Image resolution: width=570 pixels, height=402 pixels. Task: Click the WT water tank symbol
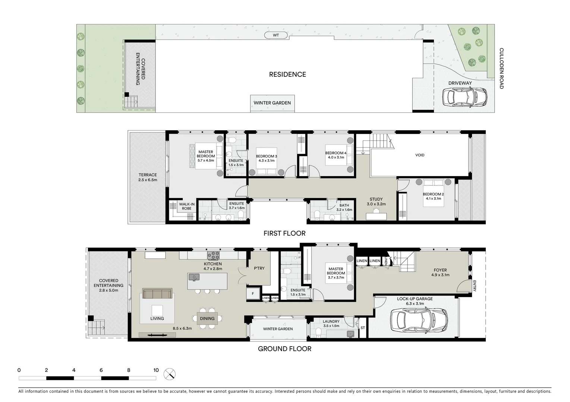(276, 35)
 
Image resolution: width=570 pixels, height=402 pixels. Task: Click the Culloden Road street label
(501, 68)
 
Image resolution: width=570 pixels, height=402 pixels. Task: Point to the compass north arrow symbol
(170, 374)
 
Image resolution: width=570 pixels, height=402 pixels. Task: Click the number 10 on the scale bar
(156, 370)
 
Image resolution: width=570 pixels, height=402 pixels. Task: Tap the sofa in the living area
(157, 294)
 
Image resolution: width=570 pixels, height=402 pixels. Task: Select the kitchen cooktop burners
(214, 255)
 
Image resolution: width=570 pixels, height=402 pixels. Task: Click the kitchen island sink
(194, 277)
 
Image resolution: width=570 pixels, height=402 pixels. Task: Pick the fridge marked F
(253, 294)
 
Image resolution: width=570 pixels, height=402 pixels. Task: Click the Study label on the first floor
(376, 199)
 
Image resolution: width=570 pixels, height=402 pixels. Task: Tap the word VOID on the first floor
(420, 155)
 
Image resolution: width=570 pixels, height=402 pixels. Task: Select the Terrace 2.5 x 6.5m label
(148, 177)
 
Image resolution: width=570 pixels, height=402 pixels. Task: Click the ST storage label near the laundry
(363, 328)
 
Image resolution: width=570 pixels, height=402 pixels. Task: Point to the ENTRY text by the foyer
(474, 285)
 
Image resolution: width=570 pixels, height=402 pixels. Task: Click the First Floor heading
(284, 233)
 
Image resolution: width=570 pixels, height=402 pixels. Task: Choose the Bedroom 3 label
(266, 156)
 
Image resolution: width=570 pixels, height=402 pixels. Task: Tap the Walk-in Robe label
(186, 206)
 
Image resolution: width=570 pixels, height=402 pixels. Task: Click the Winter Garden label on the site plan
(272, 103)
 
